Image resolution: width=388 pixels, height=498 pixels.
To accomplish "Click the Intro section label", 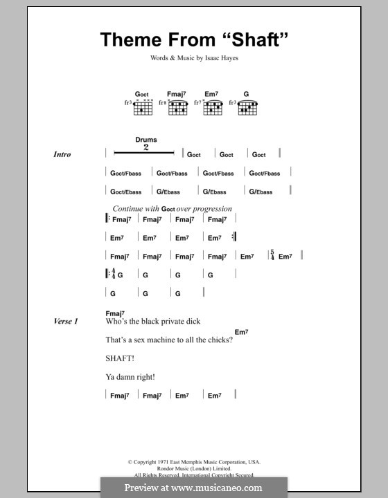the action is [62, 155].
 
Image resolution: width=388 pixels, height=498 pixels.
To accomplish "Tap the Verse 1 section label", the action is [67, 322].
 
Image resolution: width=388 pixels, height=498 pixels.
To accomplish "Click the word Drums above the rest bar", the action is [146, 140].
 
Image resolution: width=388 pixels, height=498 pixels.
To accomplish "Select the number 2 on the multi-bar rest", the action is [146, 148].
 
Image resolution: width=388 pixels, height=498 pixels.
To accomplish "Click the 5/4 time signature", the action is [273, 256].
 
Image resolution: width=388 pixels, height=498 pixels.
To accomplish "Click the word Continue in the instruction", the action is [126, 208].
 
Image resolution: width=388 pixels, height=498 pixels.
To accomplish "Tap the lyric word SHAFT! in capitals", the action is [120, 358].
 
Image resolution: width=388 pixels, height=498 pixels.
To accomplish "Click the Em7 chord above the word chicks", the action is [241, 333].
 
